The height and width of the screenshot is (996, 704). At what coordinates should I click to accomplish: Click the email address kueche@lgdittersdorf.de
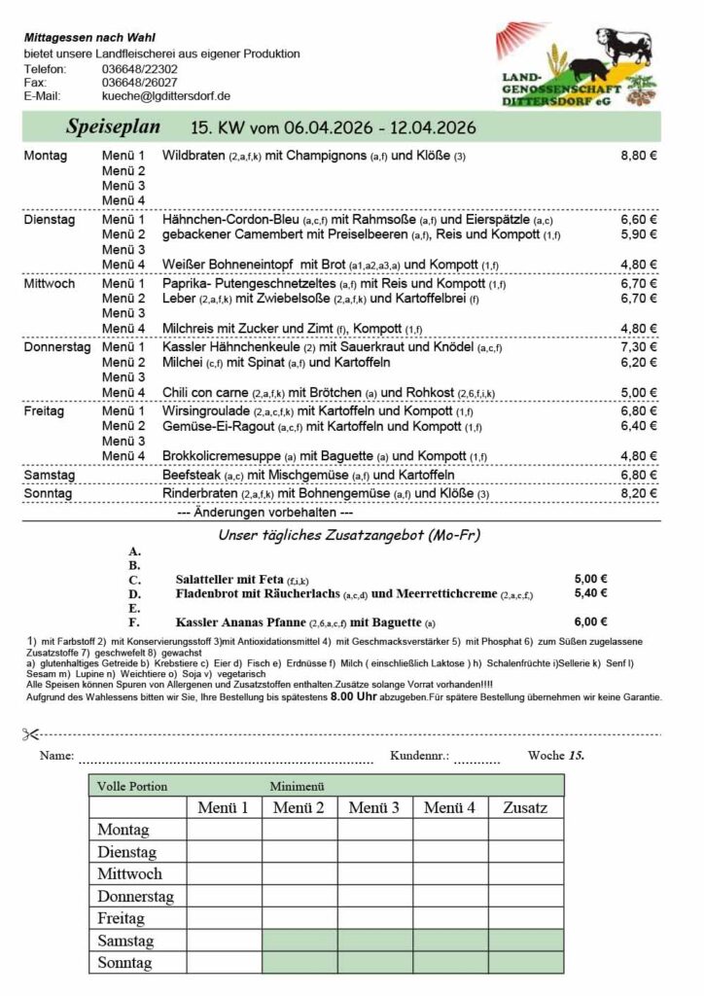pos(165,96)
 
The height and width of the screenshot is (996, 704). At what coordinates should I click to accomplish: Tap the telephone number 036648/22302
pos(139,69)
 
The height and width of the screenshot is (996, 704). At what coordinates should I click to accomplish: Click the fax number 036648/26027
pos(139,83)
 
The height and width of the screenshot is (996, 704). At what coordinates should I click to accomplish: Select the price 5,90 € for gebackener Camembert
pos(639,234)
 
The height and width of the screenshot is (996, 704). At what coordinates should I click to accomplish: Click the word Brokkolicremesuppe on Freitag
pos(224,455)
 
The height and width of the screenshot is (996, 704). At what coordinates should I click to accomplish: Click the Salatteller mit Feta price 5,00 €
pos(591,577)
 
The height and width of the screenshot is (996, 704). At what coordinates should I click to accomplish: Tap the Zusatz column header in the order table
pos(525,807)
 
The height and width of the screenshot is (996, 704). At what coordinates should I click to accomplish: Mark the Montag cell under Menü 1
pos(224,830)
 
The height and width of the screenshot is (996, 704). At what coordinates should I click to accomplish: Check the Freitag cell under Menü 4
pos(449,917)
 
